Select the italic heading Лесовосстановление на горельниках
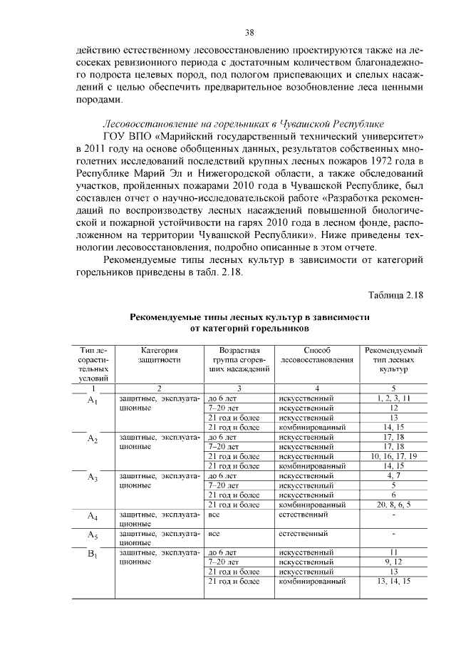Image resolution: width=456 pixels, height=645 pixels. click(x=244, y=122)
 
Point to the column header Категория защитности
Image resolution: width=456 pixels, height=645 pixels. click(x=159, y=355)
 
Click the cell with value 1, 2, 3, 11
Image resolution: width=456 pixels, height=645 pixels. click(x=393, y=398)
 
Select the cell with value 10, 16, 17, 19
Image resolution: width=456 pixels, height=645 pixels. click(x=393, y=455)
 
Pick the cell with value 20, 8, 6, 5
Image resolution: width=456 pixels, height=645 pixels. click(x=393, y=504)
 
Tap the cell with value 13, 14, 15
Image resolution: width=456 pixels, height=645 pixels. click(x=393, y=581)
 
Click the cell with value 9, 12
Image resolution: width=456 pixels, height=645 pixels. click(x=393, y=562)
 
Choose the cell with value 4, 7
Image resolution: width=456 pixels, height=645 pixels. click(x=393, y=475)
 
